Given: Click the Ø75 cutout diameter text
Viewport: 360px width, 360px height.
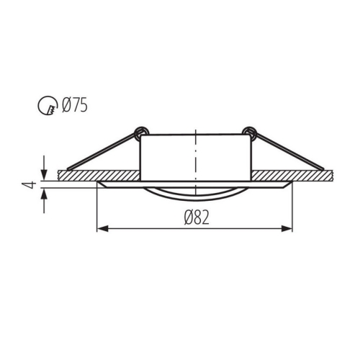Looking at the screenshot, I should pos(75,107).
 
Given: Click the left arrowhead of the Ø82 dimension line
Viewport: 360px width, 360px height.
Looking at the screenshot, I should pos(102,229).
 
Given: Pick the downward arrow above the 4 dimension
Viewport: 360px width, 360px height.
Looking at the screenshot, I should pos(46,163).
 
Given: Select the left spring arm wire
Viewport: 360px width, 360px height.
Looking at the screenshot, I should pos(101,151).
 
